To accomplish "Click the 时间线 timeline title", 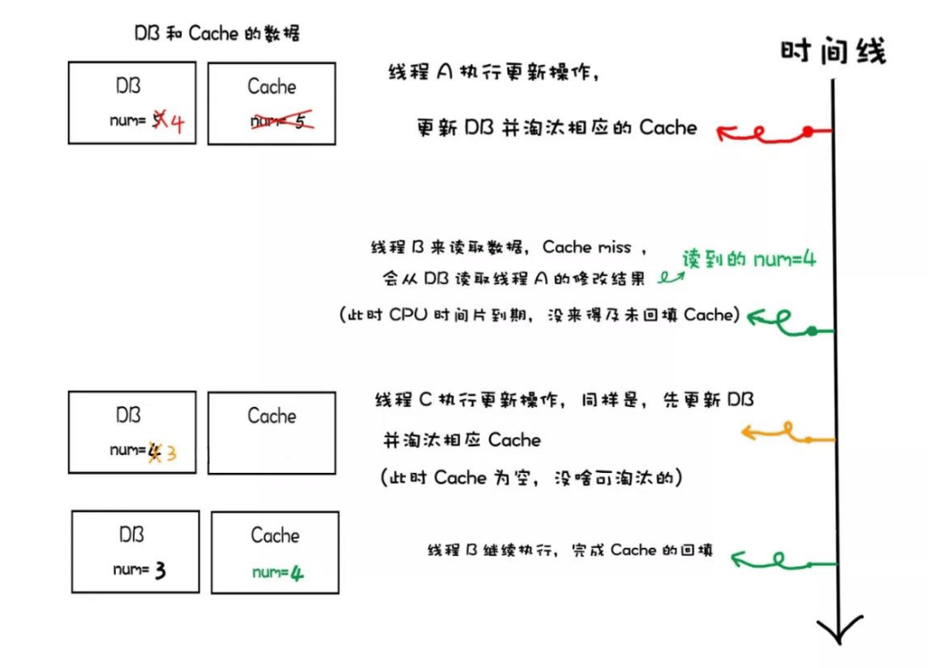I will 833,51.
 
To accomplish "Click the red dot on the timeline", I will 807,132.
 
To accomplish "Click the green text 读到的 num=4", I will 748,259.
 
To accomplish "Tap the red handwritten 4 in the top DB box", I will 176,121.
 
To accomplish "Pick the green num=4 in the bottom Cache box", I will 277,573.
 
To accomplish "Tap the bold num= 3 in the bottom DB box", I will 140,570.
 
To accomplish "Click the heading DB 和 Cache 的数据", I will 216,34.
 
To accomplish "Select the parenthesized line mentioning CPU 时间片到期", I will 540,316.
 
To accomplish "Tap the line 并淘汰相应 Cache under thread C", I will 462,440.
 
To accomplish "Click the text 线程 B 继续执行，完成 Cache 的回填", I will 570,550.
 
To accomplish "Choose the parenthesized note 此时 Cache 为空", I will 531,477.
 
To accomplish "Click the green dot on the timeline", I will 812,331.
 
